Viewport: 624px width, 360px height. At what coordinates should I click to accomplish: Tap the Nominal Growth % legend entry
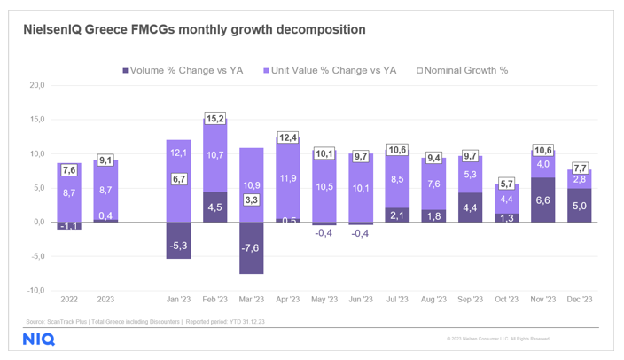(x=462, y=70)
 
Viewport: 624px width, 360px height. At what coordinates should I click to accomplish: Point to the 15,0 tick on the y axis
(x=37, y=120)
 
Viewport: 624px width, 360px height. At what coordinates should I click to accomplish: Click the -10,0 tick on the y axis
(x=35, y=290)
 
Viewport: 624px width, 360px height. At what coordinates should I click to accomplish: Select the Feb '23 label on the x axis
(x=215, y=300)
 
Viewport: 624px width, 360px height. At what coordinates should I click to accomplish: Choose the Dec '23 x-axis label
(x=579, y=300)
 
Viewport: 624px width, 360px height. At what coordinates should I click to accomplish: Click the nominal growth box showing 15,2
(x=215, y=117)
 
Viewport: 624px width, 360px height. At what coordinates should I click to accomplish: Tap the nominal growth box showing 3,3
(x=251, y=200)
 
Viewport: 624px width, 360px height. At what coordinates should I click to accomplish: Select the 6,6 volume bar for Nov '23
(x=542, y=200)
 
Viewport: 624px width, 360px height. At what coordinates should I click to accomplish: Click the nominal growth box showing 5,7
(x=506, y=184)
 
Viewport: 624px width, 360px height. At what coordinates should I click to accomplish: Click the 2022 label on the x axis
(x=68, y=300)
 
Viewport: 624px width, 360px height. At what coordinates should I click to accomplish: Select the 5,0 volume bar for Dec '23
(x=579, y=205)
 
